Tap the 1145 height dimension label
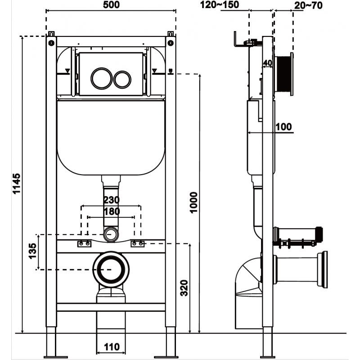[x=17, y=184]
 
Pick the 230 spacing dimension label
[x=111, y=200]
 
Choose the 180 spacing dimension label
[x=111, y=211]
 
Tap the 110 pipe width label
[x=111, y=347]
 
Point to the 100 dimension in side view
[x=283, y=127]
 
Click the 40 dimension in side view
[x=267, y=63]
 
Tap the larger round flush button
[x=101, y=79]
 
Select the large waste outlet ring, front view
[x=111, y=269]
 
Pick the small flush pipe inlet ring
[x=111, y=234]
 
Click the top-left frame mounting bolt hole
[x=51, y=43]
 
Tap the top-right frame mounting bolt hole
[x=171, y=43]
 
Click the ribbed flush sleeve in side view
[x=283, y=75]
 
